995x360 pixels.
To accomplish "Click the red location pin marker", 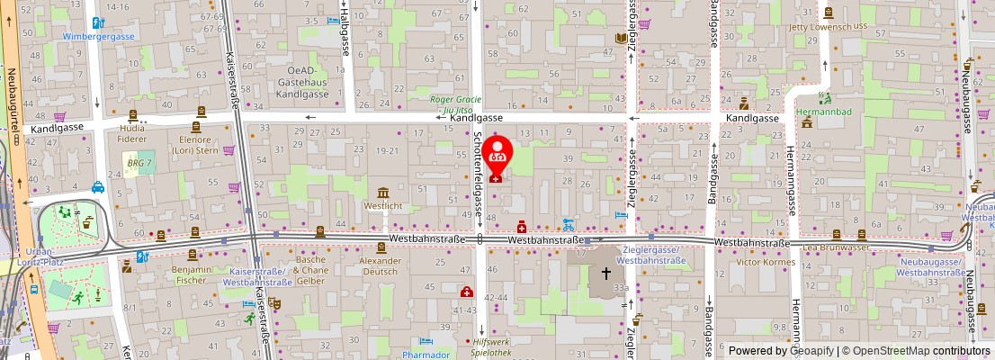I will point(497,155).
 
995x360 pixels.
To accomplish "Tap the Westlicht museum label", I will point(383,205).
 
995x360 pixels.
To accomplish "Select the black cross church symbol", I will point(606,274).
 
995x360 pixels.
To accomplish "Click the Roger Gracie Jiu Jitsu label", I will point(455,104).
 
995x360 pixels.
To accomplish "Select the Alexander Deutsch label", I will point(379,265).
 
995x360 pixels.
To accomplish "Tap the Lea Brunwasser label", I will point(837,246).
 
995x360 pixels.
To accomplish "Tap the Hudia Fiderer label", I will point(131,134).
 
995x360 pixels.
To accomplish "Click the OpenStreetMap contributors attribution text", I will point(916,351).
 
